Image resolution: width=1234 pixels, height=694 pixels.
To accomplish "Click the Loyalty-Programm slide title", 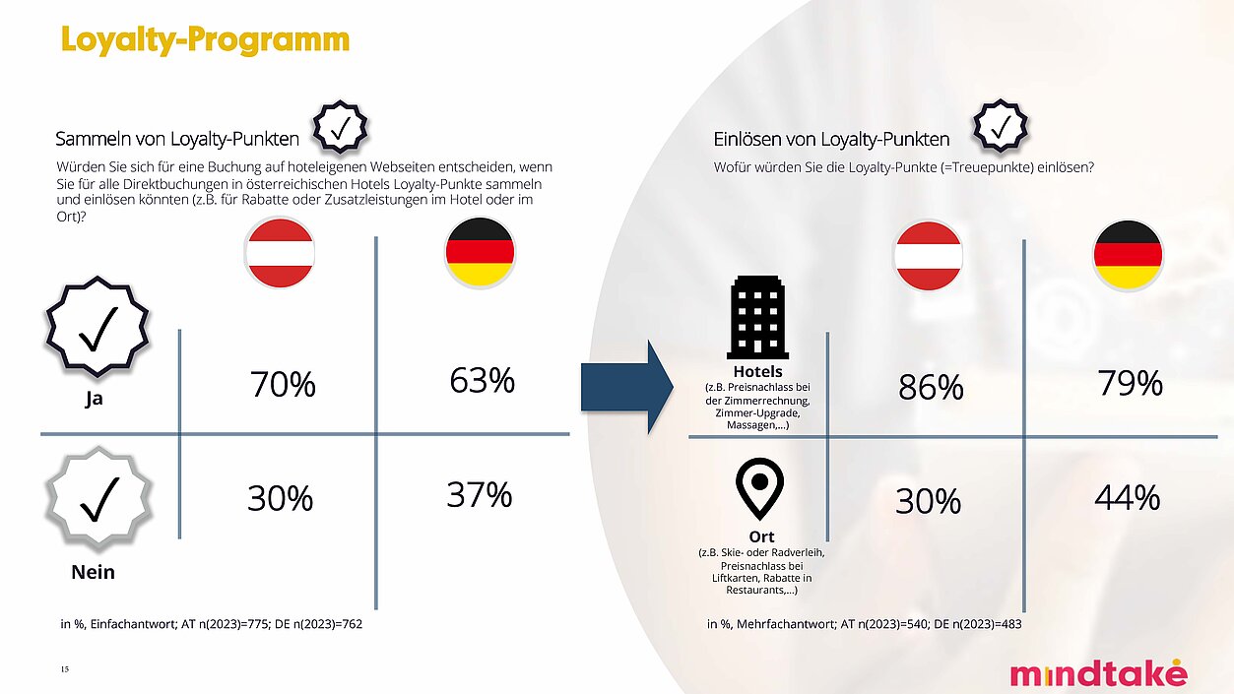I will (x=205, y=39).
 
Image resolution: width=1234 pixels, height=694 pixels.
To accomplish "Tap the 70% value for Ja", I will (x=282, y=385).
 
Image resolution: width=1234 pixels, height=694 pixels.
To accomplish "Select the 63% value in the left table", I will (x=483, y=380).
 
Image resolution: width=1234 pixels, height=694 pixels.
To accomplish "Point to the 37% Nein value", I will (x=480, y=494).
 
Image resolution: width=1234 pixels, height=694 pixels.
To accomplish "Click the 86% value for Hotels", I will (x=931, y=388).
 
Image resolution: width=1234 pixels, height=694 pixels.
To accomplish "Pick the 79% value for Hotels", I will (x=1130, y=383).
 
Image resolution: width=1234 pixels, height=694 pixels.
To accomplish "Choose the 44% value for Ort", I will (x=1128, y=499).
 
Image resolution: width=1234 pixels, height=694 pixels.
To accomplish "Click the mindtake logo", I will (x=1098, y=673).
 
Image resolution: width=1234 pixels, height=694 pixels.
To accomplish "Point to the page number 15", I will (x=64, y=669).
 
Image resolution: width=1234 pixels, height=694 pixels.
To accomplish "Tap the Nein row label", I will (x=94, y=572).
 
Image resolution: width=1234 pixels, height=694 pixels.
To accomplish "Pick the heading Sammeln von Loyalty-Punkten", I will (x=177, y=140).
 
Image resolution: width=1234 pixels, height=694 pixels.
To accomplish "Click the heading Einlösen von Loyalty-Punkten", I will (x=831, y=140).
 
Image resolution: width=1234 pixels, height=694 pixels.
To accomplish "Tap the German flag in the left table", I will (x=480, y=252).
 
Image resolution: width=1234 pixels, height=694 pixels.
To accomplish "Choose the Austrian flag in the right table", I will (x=928, y=256).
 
